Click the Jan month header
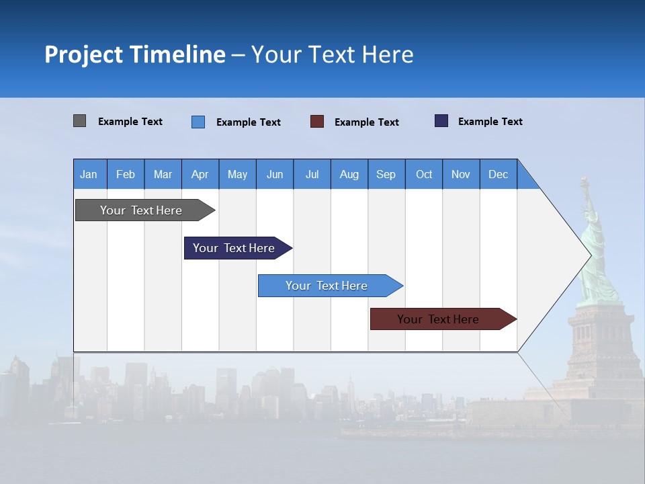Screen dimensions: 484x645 tap(89, 174)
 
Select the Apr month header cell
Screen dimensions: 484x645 tap(200, 174)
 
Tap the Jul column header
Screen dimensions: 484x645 tap(312, 174)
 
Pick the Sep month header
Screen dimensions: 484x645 tap(386, 174)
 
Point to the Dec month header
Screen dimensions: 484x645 tap(498, 174)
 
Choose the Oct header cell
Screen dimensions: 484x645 tap(424, 174)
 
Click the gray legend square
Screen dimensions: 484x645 tap(79, 121)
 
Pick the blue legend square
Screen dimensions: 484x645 tap(198, 122)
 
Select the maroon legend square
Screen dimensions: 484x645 tap(317, 121)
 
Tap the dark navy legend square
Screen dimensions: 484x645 tap(441, 121)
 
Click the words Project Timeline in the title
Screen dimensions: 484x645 tap(134, 54)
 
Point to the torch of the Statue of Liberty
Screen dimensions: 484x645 tap(585, 181)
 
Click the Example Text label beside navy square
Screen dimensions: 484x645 tap(490, 122)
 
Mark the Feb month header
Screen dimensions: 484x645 tap(126, 174)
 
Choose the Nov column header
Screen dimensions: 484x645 tap(461, 174)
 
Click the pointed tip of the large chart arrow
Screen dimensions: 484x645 tap(590, 255)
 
